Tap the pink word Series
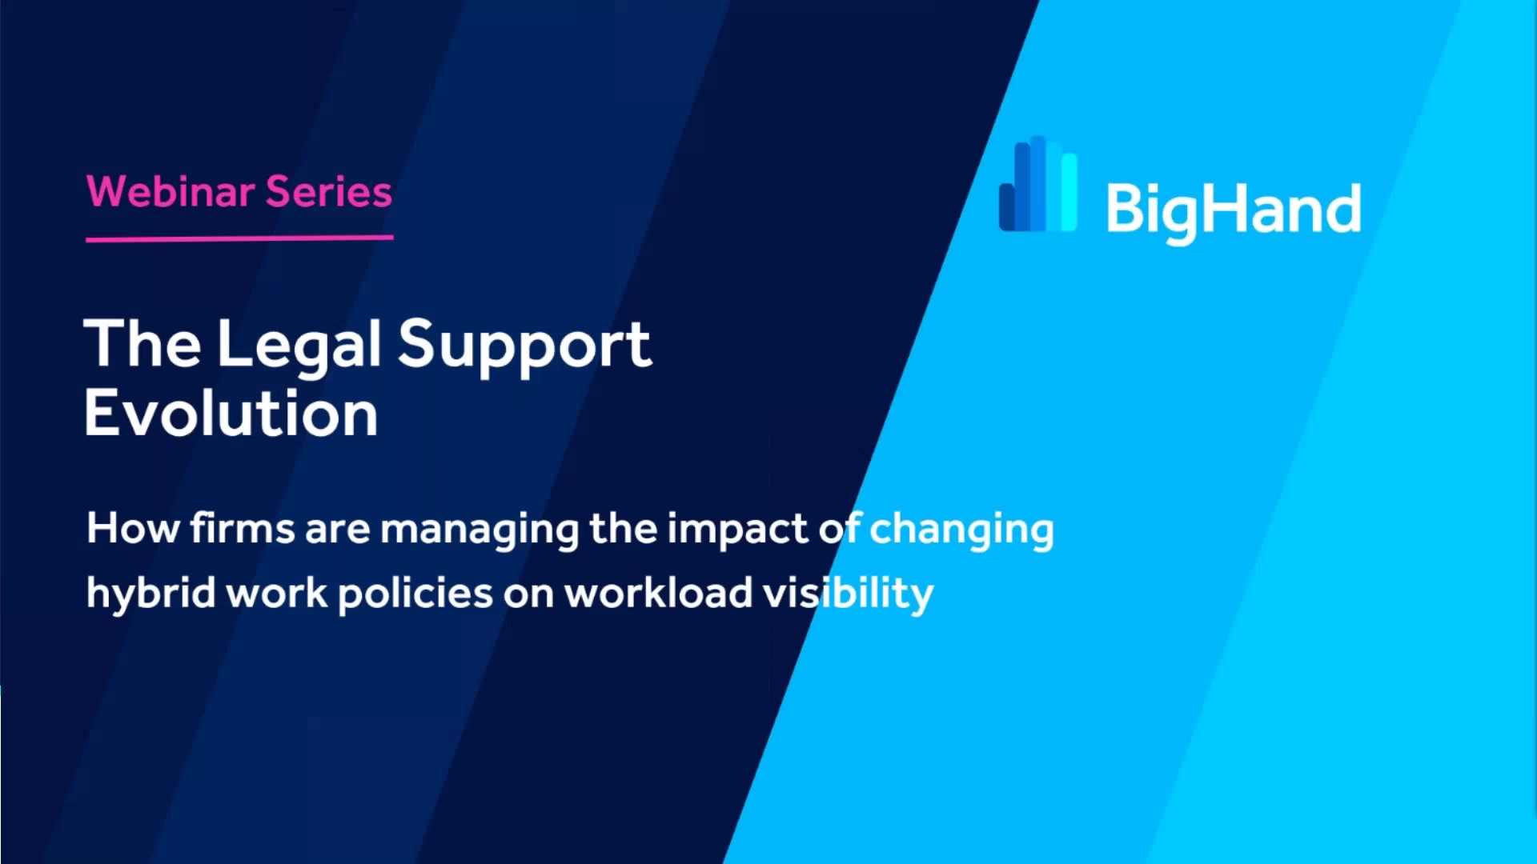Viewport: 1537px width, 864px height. coord(329,192)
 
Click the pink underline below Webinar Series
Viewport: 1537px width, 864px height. coord(239,238)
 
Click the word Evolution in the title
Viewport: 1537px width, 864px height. coord(231,413)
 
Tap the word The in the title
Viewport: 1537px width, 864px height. coord(142,343)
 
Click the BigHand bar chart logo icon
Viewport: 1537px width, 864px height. coord(1038,184)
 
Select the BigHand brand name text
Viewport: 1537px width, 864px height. coord(1233,210)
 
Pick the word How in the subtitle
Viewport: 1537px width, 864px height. coord(133,529)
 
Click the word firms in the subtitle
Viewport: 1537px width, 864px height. coord(243,529)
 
